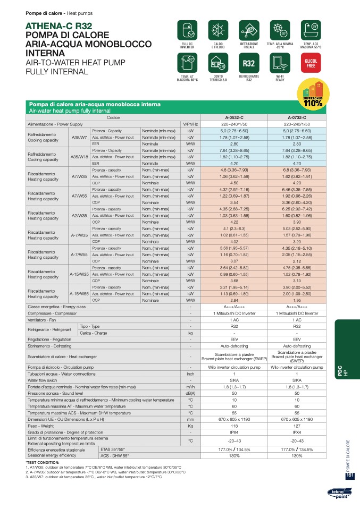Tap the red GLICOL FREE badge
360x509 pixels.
pos(311,64)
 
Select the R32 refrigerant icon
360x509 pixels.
pos(249,64)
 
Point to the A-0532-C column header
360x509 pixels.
pos(234,117)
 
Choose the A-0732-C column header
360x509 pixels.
pos(297,117)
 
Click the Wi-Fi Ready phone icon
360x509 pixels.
pos(280,64)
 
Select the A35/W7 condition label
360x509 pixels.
pos(79,137)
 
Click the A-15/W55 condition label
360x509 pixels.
pos(79,293)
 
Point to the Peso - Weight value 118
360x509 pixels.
pos(234,426)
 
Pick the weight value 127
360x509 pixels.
pos(297,426)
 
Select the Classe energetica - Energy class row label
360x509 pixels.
pos(57,307)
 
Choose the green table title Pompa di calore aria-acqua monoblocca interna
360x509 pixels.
pos(94,105)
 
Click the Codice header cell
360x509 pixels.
pos(113,117)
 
